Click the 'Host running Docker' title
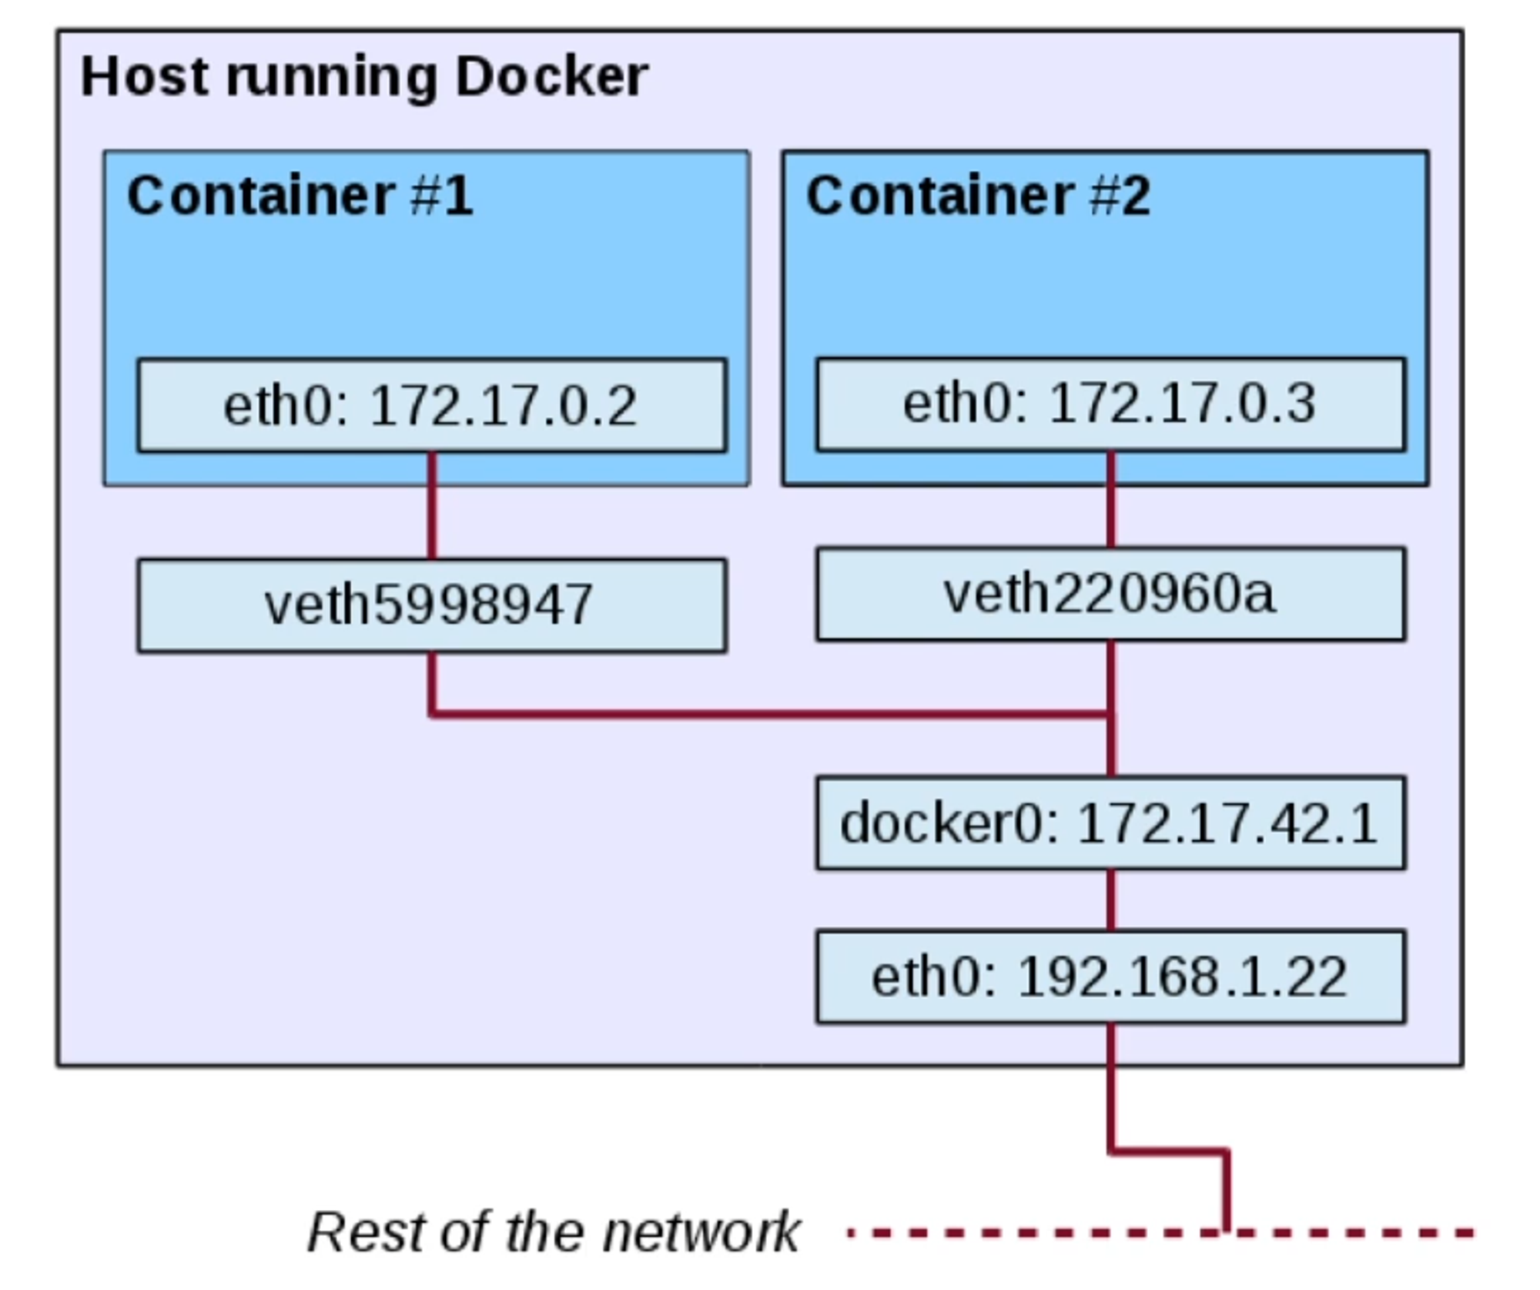tap(364, 77)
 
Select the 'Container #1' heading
tap(300, 196)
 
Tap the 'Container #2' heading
tap(978, 196)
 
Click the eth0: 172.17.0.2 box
tap(431, 405)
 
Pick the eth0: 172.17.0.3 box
tap(1110, 404)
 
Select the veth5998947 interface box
tap(431, 605)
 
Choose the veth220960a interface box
tap(1110, 594)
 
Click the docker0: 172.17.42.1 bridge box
tap(1110, 823)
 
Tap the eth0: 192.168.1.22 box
tap(1110, 977)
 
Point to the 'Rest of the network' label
tap(553, 1232)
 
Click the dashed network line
tap(1001, 1233)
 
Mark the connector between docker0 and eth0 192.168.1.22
tap(1110, 900)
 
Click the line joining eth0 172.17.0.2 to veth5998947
tap(432, 505)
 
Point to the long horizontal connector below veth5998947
tap(770, 715)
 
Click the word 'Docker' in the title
tap(551, 77)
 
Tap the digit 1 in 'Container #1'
tap(458, 196)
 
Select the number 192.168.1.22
tap(1182, 977)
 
